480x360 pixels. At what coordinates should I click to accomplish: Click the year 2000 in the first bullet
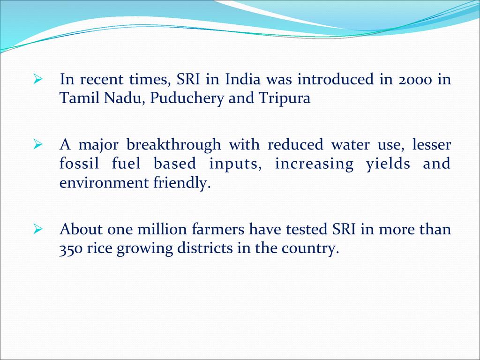tap(415, 80)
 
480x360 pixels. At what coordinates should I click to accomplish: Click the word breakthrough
tap(173, 144)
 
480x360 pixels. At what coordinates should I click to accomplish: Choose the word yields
tap(388, 164)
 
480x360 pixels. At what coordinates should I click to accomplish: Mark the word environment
tap(104, 183)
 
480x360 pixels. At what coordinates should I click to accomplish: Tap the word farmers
tap(218, 229)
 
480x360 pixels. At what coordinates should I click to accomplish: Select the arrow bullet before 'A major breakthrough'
tap(37, 144)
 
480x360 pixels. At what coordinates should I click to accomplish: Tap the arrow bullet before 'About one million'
tap(37, 229)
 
